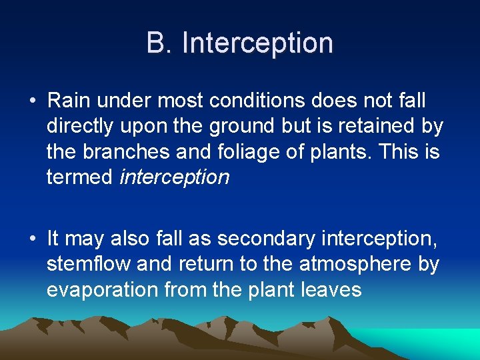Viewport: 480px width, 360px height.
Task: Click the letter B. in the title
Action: [x=160, y=43]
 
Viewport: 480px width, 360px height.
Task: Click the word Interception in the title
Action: [x=257, y=43]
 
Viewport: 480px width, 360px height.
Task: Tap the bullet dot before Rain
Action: [x=32, y=101]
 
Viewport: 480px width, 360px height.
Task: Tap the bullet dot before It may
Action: [x=32, y=238]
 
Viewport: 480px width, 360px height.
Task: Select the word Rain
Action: [x=70, y=101]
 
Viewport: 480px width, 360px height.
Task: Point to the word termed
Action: [x=79, y=177]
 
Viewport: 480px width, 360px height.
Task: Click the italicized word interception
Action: [x=174, y=177]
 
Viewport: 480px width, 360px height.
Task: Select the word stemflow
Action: [x=89, y=263]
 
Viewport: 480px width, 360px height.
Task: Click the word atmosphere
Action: [x=356, y=263]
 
